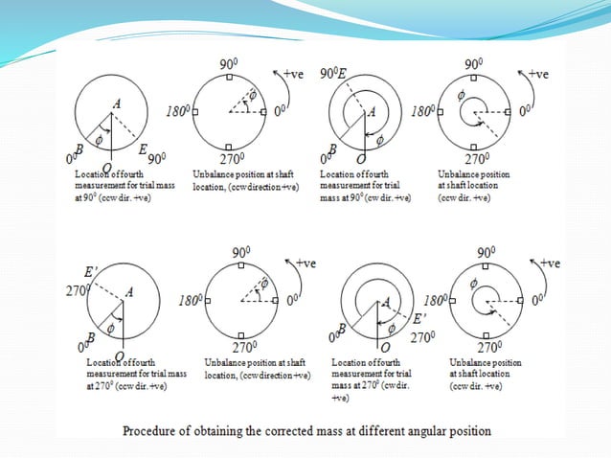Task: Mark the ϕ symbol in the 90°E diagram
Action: [x=378, y=140]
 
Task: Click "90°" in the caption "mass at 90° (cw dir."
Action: [x=361, y=197]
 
